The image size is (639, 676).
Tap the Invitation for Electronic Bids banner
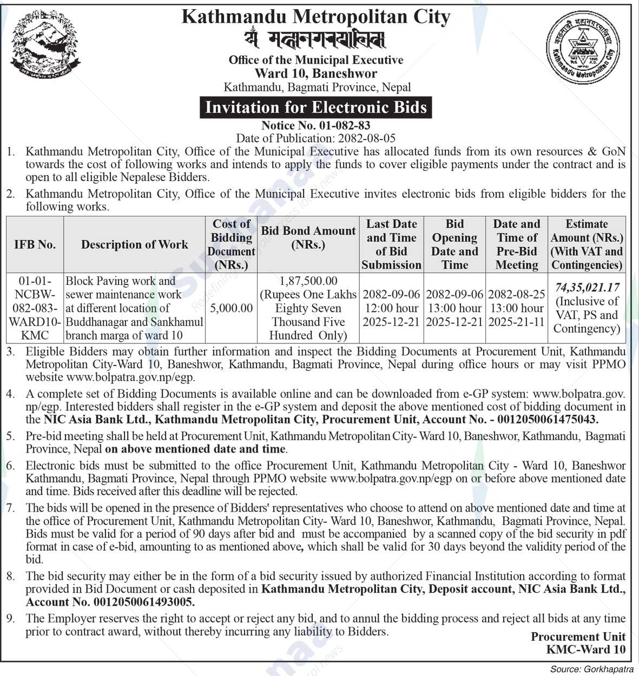pos(316,107)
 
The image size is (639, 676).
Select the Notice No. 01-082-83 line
pos(316,126)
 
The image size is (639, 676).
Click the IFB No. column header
pos(35,244)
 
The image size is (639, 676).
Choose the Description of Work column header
pos(134,244)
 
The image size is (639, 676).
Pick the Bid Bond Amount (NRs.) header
pos(308,237)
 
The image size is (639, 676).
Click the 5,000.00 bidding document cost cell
pos(231,308)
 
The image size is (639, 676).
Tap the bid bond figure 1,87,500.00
pos(308,281)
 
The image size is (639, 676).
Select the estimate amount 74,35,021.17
pos(587,288)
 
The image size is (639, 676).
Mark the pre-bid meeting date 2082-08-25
pos(517,295)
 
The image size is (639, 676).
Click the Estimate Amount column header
pos(587,244)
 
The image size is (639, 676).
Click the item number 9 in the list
pos(11,618)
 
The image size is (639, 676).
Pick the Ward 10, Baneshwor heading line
pos(316,74)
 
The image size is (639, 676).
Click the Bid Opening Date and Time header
pos(454,244)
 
